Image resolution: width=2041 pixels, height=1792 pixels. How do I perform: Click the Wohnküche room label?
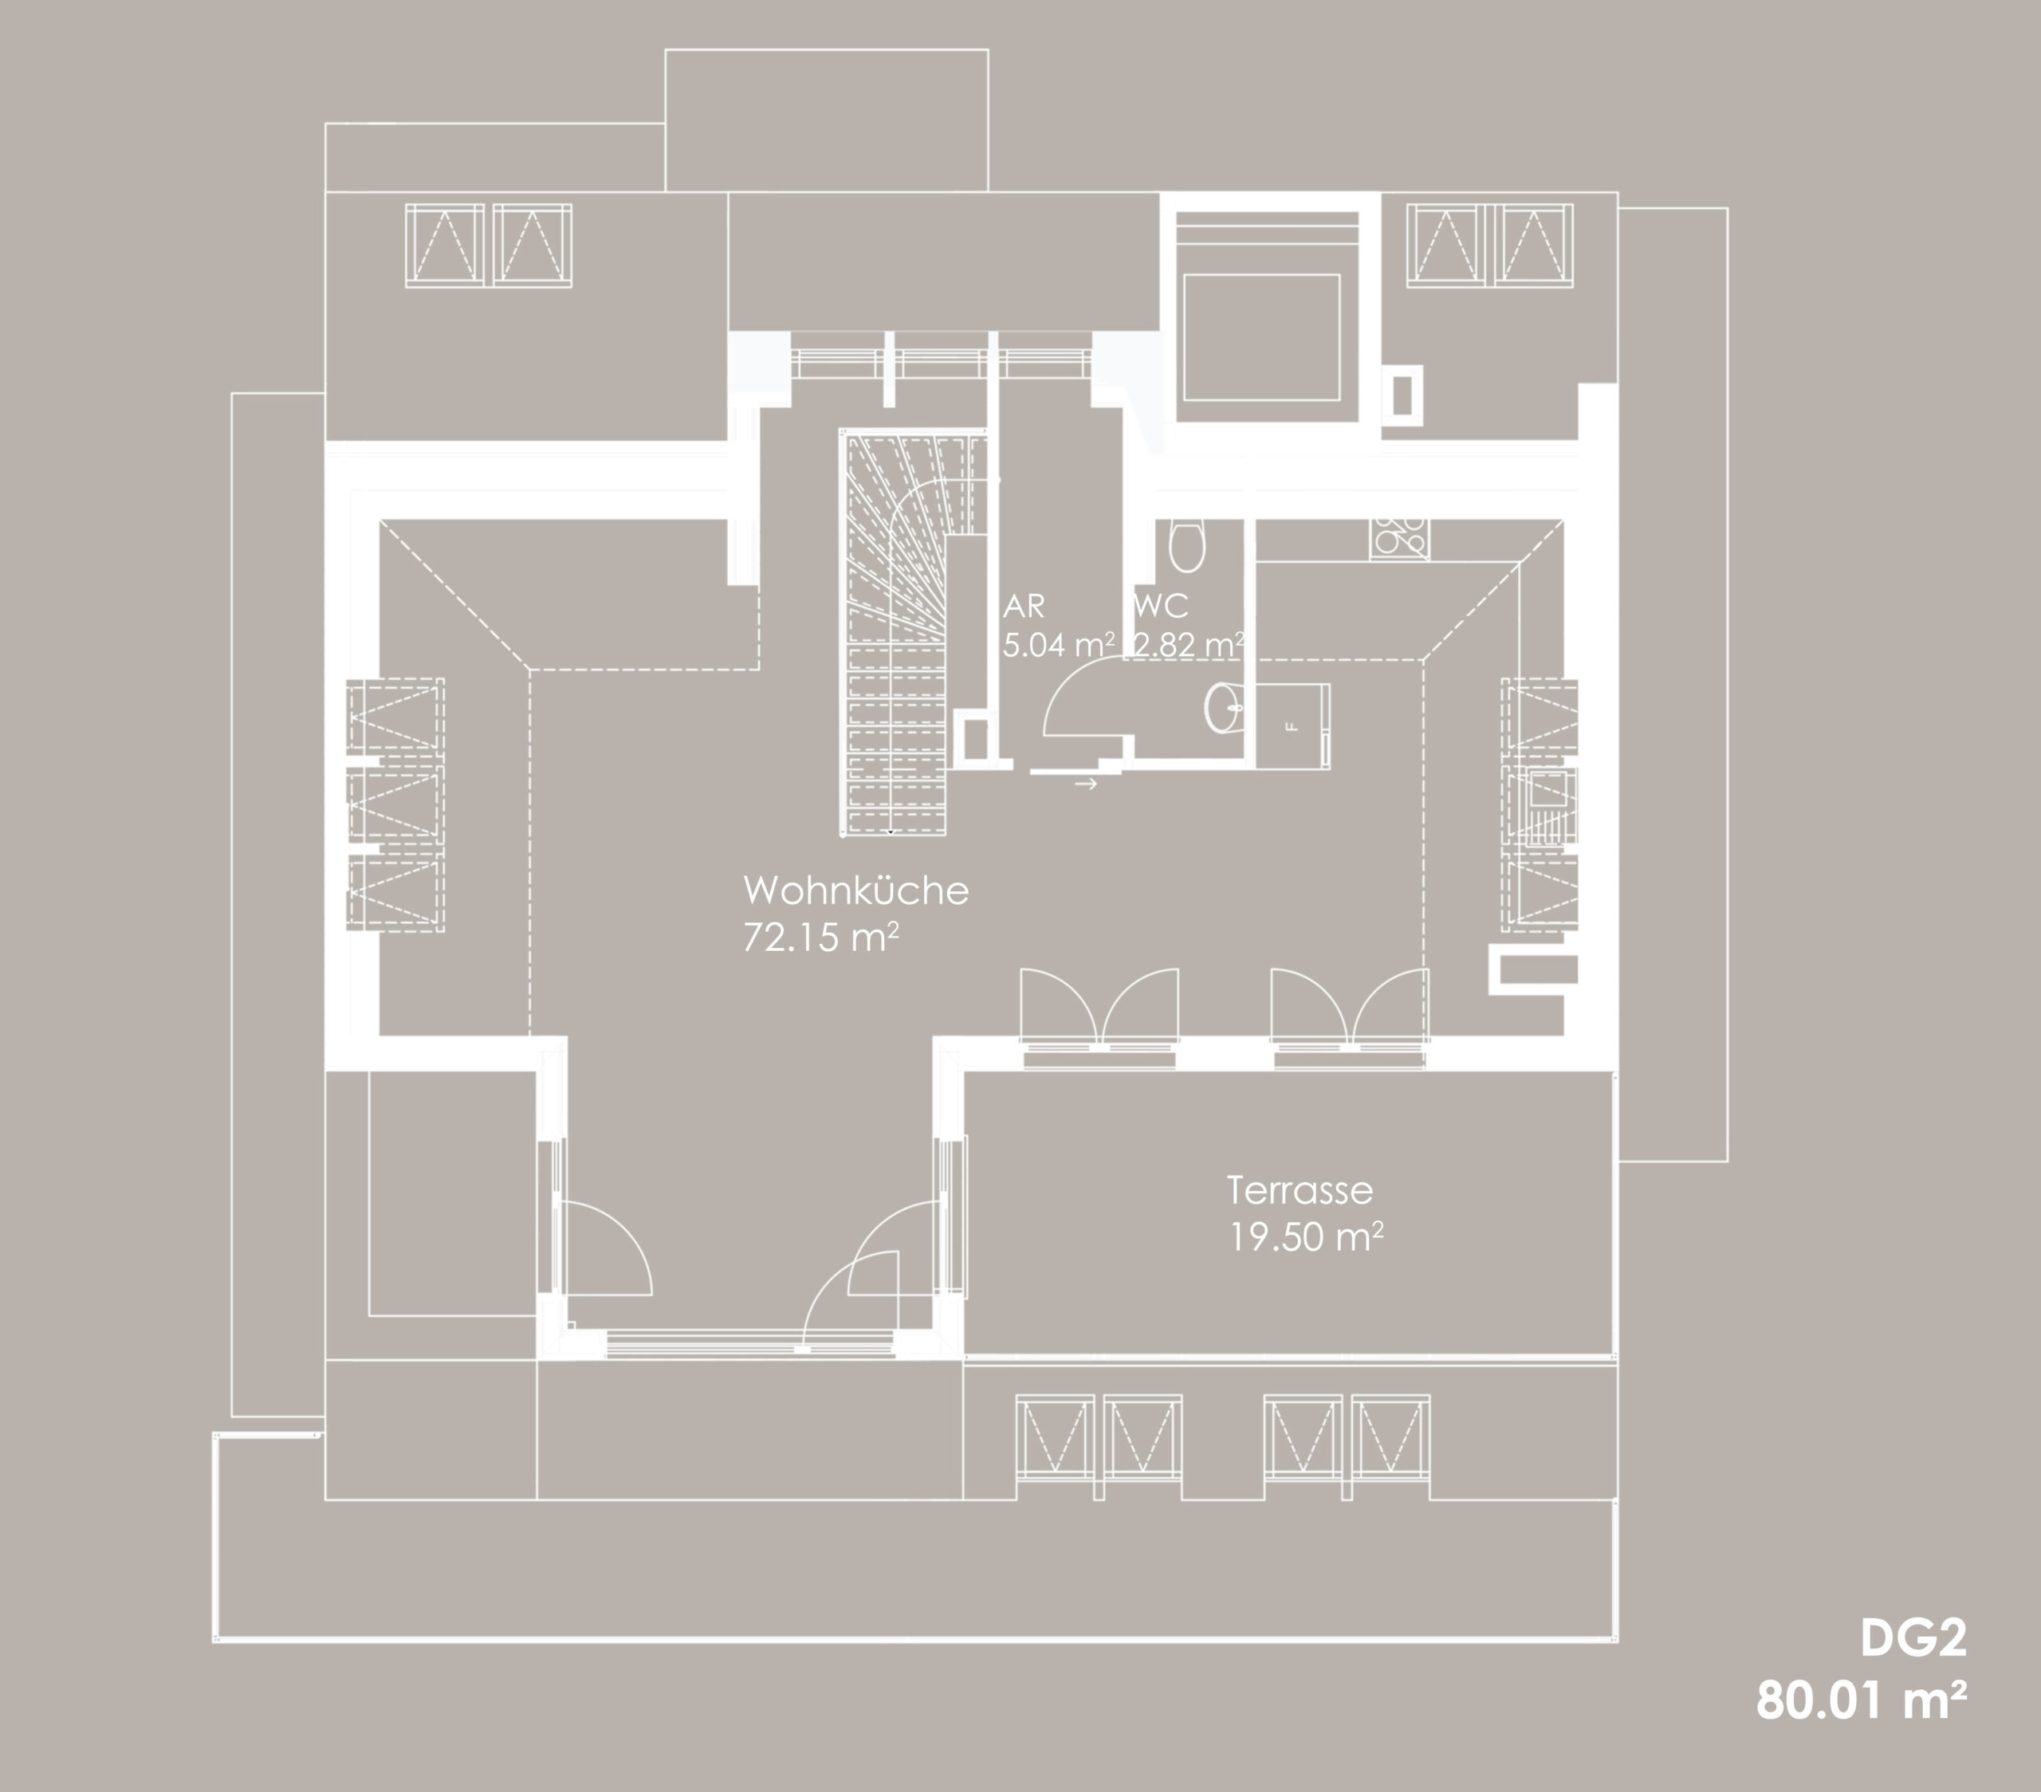855,890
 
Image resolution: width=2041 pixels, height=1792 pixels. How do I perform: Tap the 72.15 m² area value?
821,937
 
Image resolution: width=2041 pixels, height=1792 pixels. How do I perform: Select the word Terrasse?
1299,1190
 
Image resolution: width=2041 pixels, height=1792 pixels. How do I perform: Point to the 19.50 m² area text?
1305,1237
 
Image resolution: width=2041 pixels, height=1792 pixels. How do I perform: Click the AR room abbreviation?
1024,606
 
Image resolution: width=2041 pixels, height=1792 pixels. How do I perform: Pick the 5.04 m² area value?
1059,645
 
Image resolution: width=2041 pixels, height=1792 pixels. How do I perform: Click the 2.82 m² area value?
1188,645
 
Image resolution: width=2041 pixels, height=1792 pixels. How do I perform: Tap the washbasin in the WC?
1225,708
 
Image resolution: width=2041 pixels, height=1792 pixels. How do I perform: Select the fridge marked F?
1293,725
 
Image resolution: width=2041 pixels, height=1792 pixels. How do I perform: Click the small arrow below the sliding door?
1085,784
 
